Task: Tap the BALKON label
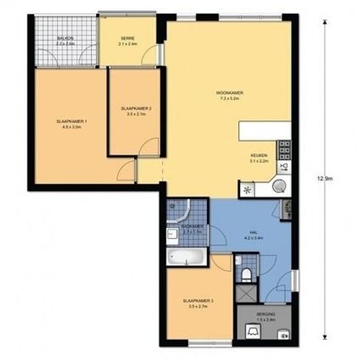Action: click(x=64, y=39)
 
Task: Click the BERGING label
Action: click(x=266, y=315)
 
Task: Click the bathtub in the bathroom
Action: click(x=187, y=257)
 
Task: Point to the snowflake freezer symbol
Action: click(x=247, y=190)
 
